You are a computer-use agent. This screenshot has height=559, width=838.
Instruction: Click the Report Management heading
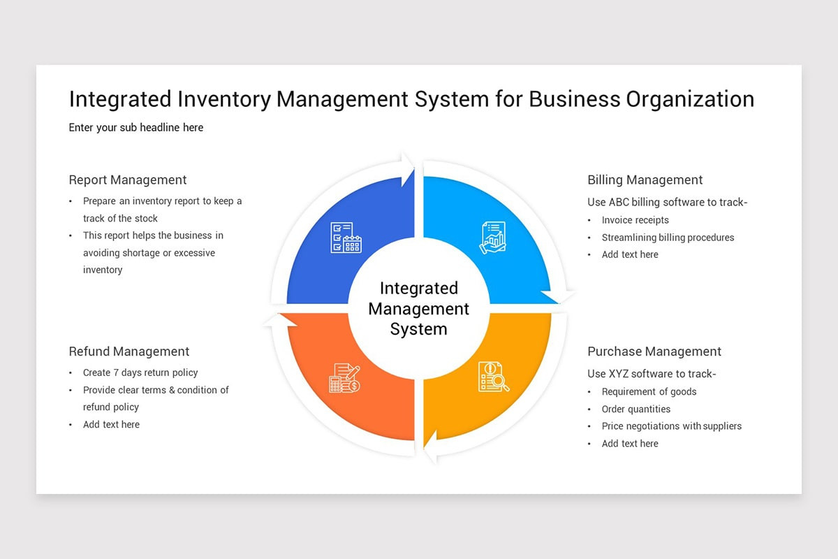(x=128, y=180)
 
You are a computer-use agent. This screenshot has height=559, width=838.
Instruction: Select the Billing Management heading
(x=645, y=180)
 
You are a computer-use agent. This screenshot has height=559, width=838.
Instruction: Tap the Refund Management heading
(x=129, y=351)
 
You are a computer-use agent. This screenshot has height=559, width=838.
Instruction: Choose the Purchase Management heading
(x=654, y=351)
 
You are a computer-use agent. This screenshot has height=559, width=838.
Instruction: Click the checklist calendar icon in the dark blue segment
(x=346, y=238)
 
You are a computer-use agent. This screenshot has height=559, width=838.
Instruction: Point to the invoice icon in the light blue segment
(x=492, y=238)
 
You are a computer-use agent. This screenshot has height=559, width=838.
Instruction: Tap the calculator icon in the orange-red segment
(x=344, y=378)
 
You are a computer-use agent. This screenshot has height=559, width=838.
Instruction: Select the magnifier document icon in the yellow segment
(x=493, y=377)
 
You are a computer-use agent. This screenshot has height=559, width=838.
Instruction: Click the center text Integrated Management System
(x=419, y=308)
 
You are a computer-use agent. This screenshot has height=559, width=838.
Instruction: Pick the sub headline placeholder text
(x=136, y=127)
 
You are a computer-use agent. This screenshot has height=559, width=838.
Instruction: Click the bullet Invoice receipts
(x=635, y=220)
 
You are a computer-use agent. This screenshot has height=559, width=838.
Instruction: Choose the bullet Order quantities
(x=635, y=409)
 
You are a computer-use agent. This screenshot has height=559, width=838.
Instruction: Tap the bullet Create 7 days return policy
(x=140, y=372)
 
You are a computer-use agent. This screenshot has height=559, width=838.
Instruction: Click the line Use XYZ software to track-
(x=652, y=374)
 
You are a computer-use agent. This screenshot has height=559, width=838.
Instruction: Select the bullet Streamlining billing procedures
(x=668, y=238)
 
